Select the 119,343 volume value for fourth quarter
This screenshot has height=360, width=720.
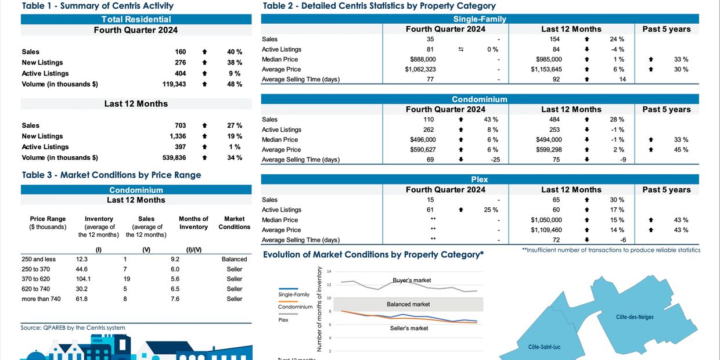[x=174, y=84]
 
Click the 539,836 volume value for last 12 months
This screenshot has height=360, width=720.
[x=174, y=157]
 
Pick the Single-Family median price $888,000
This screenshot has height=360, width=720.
[x=423, y=59]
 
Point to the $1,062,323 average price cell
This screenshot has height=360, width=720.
[x=420, y=69]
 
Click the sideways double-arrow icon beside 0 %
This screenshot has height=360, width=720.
[x=461, y=49]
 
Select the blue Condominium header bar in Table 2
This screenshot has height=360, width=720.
[x=480, y=99]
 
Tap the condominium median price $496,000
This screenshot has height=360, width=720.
[x=423, y=139]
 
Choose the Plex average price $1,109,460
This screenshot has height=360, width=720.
[x=546, y=230]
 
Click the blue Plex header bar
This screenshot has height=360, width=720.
[x=480, y=179]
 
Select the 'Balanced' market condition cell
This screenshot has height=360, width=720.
[x=234, y=259]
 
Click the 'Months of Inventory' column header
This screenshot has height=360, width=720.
[x=193, y=223]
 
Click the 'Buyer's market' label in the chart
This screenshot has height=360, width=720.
[x=412, y=280]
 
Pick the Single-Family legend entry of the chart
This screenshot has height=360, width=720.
[x=294, y=294]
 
